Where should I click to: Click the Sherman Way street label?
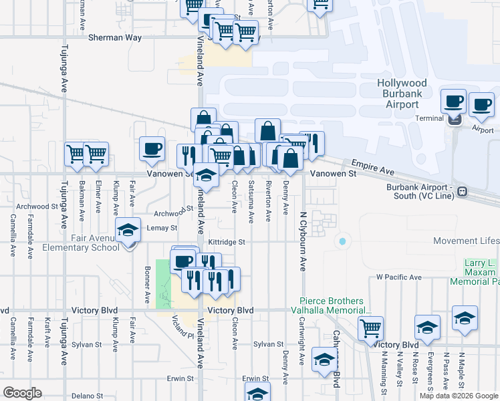115,38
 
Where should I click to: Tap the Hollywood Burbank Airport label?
402,94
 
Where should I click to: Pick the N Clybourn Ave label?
302,241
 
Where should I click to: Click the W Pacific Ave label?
398,277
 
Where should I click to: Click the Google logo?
22,393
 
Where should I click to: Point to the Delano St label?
88,396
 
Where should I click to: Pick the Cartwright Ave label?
301,350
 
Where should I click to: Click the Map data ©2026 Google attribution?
458,396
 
